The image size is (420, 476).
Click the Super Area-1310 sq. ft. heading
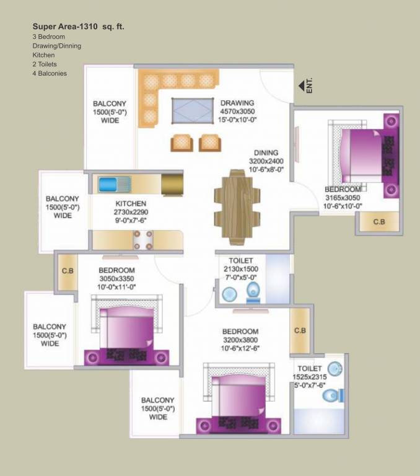tap(82, 27)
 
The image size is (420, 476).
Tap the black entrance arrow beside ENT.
tap(302, 86)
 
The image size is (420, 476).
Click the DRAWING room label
tap(237, 103)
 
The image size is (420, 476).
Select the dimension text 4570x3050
tap(237, 112)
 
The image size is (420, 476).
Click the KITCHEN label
tap(131, 203)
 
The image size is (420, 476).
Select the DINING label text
tap(266, 152)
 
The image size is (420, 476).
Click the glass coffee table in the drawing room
tap(191, 112)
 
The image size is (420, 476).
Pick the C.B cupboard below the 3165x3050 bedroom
tap(377, 221)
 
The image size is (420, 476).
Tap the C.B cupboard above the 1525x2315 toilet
tap(299, 330)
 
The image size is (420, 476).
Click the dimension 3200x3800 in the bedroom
tap(240, 340)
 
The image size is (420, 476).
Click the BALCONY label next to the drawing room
tap(110, 104)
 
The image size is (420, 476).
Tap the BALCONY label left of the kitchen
tap(62, 199)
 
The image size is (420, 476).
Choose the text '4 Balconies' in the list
tap(50, 73)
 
